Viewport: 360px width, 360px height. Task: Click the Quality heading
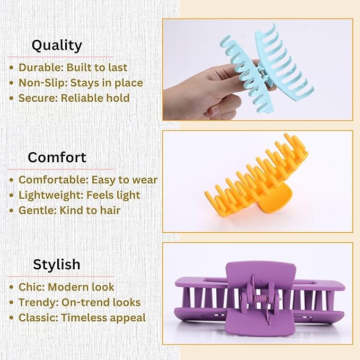57,46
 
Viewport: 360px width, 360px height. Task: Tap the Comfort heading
57,157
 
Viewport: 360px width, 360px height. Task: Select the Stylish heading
57,264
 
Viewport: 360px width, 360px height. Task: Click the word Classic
37,318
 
